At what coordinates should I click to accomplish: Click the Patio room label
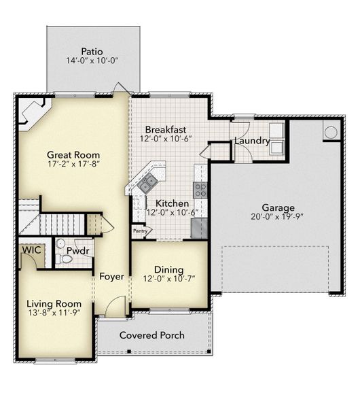coord(92,51)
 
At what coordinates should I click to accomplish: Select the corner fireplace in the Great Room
coord(32,110)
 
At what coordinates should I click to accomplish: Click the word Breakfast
coord(165,129)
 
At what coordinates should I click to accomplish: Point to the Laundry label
coord(253,141)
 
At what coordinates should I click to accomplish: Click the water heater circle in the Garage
coord(331,132)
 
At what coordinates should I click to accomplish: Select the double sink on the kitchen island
coord(147,182)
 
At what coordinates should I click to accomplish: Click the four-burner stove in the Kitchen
coord(200,190)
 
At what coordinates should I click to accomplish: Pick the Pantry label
coord(141,231)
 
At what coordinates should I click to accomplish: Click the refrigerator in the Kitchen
coord(200,227)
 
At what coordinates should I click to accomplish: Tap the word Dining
coord(168,269)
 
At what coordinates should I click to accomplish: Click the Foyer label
coord(111,277)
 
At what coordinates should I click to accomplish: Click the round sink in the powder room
coord(60,243)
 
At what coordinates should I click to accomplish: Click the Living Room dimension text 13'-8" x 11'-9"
coord(54,313)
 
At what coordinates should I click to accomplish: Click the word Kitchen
coord(172,203)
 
